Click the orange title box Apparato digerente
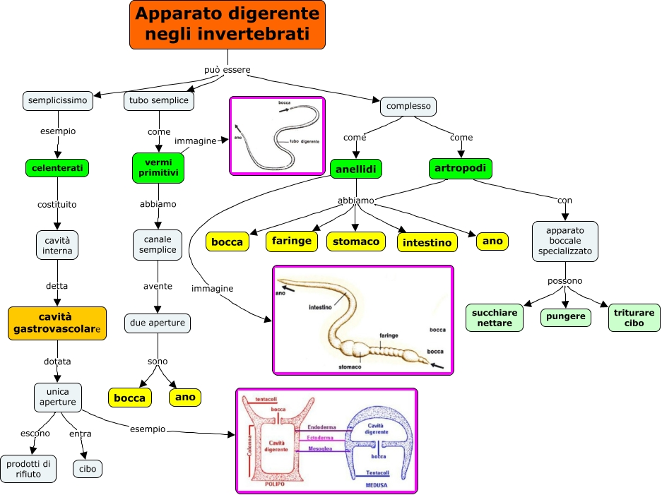point(227,25)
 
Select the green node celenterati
point(57,168)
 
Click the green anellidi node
point(356,169)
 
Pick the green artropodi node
point(461,168)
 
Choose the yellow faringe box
point(290,241)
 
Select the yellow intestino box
point(427,243)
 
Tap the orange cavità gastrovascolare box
point(57,323)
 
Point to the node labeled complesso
point(408,106)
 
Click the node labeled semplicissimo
point(58,101)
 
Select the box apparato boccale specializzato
point(565,241)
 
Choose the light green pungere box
point(566,316)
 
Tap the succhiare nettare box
point(494,318)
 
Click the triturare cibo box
point(634,318)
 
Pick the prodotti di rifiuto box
point(29,469)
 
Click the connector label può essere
point(227,69)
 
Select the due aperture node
point(157,323)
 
